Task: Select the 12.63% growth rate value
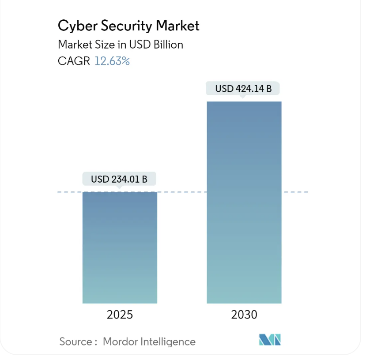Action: pyautogui.click(x=112, y=61)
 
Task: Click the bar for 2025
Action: pyautogui.click(x=120, y=247)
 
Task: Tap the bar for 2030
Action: pyautogui.click(x=244, y=202)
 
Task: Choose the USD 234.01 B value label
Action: pyautogui.click(x=119, y=179)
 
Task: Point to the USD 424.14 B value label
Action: pyautogui.click(x=243, y=89)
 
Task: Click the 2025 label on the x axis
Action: pyautogui.click(x=120, y=315)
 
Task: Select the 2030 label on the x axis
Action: pyautogui.click(x=244, y=315)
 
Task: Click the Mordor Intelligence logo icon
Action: pyautogui.click(x=270, y=340)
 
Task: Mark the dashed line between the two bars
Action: pyautogui.click(x=182, y=192)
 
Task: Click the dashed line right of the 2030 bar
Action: pyautogui.click(x=295, y=192)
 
